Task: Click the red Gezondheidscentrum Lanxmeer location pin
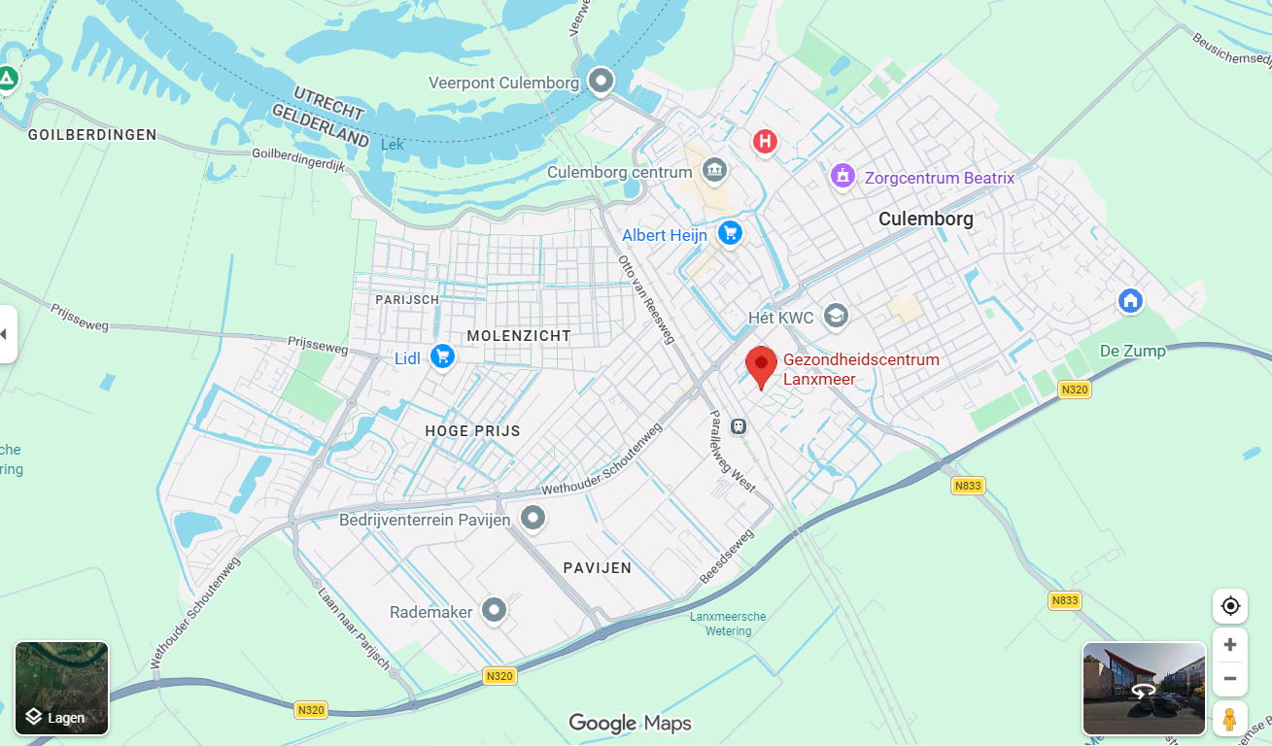pos(761,366)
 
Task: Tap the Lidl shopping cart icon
pos(443,356)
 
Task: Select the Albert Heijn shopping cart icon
pos(730,233)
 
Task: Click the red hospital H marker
pos(766,142)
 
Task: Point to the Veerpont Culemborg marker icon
pos(602,81)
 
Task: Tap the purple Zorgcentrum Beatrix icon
pos(842,176)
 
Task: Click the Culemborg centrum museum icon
pos(715,170)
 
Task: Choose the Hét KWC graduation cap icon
pos(835,316)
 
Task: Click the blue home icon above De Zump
pos(1130,300)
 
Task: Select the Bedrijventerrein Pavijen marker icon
pos(533,518)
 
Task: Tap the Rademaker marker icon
pos(495,610)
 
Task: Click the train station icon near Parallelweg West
pos(739,425)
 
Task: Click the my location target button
pos(1230,606)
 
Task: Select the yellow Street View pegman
pos(1230,719)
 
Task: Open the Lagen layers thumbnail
pos(61,689)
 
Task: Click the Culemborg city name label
pos(925,219)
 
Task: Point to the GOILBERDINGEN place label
pos(92,135)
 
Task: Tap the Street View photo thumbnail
pos(1144,689)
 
